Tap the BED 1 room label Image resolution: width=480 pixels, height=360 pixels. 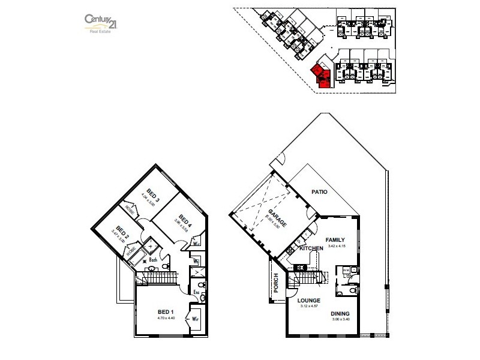(166, 312)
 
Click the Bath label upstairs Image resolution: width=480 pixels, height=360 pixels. (153, 260)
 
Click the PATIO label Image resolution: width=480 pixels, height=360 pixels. (319, 192)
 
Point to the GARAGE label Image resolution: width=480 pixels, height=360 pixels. (277, 217)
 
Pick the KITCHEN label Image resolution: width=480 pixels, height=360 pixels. (311, 248)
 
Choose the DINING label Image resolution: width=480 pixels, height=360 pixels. (339, 313)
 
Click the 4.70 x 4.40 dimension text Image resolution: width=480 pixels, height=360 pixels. (166, 318)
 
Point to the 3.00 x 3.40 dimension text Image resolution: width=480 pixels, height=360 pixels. (339, 319)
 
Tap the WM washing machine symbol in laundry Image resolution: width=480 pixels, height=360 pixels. (346, 271)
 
